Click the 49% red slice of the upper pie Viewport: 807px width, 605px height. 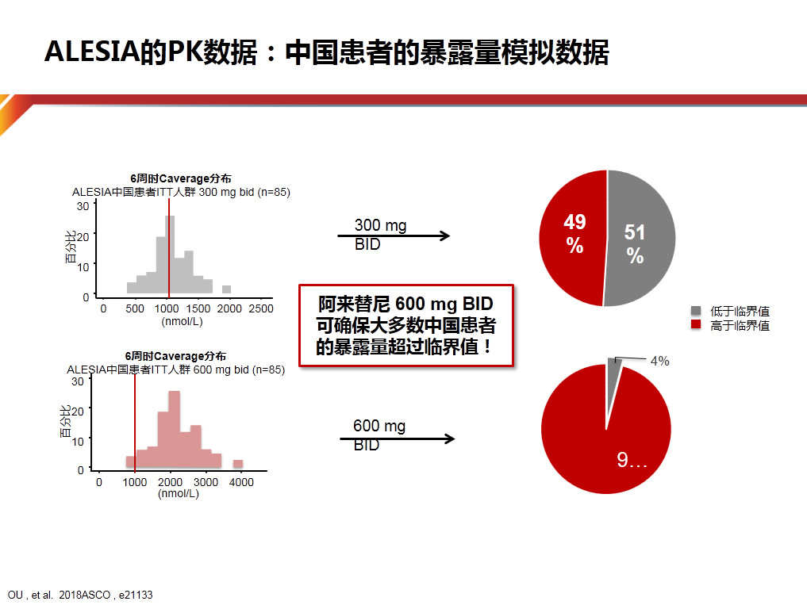572,236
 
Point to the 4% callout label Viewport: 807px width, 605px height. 660,361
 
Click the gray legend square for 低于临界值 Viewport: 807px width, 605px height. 696,310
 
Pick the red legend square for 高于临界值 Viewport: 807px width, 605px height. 696,324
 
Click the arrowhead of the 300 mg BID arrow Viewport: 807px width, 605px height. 444,235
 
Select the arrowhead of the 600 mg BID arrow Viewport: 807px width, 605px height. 449,438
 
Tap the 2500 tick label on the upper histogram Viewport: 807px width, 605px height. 261,308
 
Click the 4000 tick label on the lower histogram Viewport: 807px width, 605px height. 241,482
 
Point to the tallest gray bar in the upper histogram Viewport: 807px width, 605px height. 170,255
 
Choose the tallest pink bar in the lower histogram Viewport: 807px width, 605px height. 175,429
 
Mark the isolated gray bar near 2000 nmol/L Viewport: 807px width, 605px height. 226,289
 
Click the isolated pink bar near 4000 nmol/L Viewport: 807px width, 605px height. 238,464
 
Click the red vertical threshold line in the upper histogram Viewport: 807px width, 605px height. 169,248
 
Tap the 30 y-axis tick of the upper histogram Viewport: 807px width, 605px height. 83,206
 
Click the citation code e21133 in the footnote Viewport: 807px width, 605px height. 136,595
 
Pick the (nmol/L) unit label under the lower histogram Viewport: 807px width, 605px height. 178,493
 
